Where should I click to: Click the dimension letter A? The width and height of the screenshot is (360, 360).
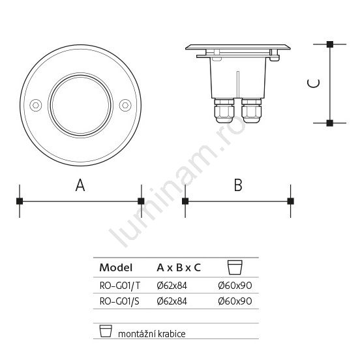click(80, 185)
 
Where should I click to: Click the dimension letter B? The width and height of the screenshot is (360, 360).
click(238, 185)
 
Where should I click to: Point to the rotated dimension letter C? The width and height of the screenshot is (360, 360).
click(314, 83)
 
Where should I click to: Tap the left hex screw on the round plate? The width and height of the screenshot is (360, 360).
click(36, 105)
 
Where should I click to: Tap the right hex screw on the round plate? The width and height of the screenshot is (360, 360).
click(125, 105)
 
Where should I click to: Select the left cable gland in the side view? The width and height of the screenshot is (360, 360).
click(224, 111)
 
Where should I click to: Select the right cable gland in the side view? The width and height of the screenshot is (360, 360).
click(251, 111)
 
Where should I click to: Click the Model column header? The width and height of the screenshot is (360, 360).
click(116, 267)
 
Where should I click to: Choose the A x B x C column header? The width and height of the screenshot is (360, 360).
click(179, 267)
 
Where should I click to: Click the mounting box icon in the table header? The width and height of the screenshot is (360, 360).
click(235, 267)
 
